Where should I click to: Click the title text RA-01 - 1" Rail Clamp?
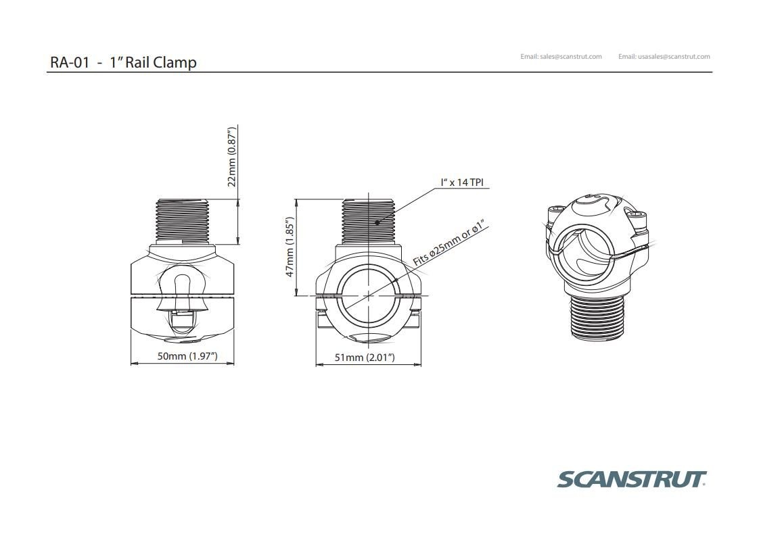click(x=123, y=62)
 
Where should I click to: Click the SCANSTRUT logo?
click(x=631, y=480)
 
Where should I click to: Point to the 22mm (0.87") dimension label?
click(x=231, y=156)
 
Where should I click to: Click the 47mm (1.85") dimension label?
click(x=290, y=247)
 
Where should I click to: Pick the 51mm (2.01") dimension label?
click(x=365, y=357)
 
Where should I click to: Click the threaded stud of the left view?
click(x=183, y=220)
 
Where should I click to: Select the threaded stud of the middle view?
click(x=368, y=220)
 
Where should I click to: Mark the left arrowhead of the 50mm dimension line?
click(x=133, y=364)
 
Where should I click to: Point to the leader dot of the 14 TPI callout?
click(x=377, y=222)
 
